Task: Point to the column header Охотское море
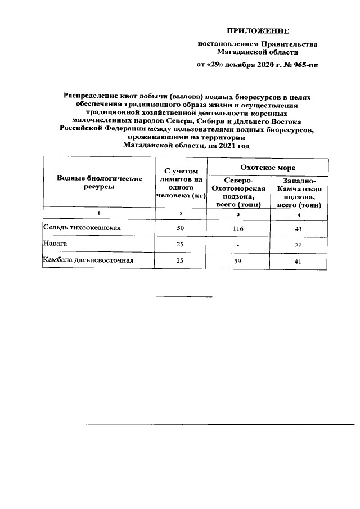tap(268, 168)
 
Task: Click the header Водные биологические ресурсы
tap(98, 182)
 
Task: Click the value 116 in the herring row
tap(238, 228)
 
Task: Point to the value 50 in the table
tap(181, 228)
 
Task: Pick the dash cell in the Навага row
tap(238, 245)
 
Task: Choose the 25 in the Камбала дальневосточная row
tap(181, 261)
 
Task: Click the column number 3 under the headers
tap(238, 214)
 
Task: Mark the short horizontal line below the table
tap(181, 296)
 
